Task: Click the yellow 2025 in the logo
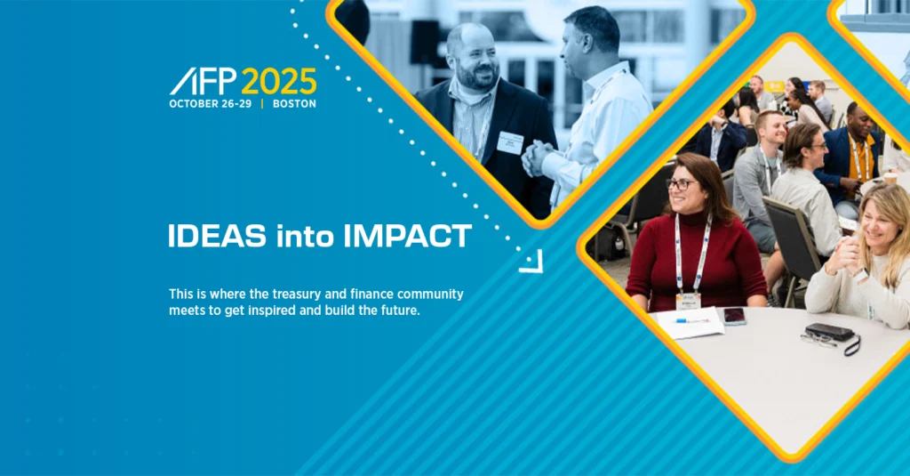click(x=279, y=81)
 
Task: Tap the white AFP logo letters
click(x=204, y=81)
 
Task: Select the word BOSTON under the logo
click(x=294, y=104)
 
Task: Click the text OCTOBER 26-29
click(x=211, y=104)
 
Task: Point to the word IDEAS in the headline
click(x=218, y=237)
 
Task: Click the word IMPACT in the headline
click(x=407, y=237)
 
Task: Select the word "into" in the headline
click(x=305, y=237)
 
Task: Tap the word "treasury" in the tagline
click(x=294, y=294)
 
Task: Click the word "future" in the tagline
click(x=401, y=311)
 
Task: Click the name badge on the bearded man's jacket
click(x=510, y=142)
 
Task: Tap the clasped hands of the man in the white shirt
click(x=536, y=158)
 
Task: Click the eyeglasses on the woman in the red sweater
click(x=681, y=184)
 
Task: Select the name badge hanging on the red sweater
click(x=689, y=301)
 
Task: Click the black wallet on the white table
click(x=829, y=332)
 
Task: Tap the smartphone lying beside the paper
click(x=734, y=316)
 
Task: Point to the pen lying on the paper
click(x=691, y=320)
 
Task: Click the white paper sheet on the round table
click(x=690, y=323)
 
